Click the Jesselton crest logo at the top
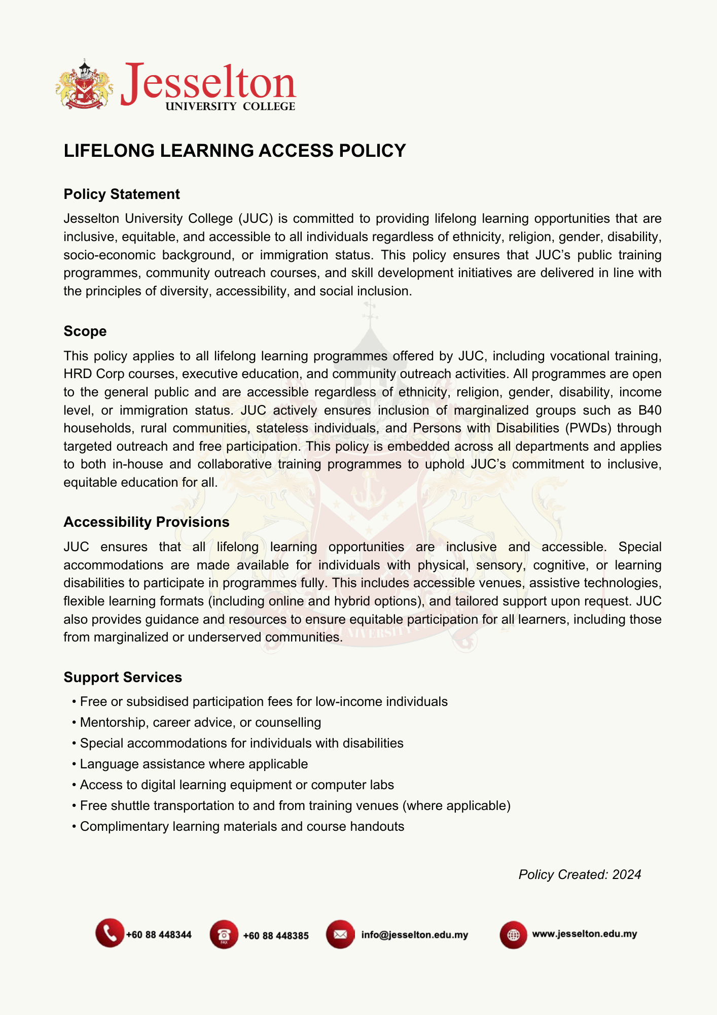(x=84, y=84)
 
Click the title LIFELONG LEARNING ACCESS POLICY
(x=235, y=151)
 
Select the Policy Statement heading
(x=122, y=194)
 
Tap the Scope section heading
(x=85, y=331)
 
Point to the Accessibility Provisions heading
(x=147, y=522)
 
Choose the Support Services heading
(x=123, y=678)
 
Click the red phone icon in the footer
(x=110, y=933)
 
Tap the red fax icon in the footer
(x=224, y=934)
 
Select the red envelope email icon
(x=340, y=934)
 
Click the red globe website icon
(x=513, y=934)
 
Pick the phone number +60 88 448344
(x=159, y=935)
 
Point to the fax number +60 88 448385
(x=276, y=935)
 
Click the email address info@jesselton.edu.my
(x=415, y=935)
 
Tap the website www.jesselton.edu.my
(x=584, y=934)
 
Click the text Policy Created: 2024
(x=580, y=874)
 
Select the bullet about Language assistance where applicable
(x=194, y=764)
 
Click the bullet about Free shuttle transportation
(x=295, y=805)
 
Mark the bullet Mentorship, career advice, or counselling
(x=200, y=722)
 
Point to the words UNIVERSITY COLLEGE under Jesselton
(x=230, y=107)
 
